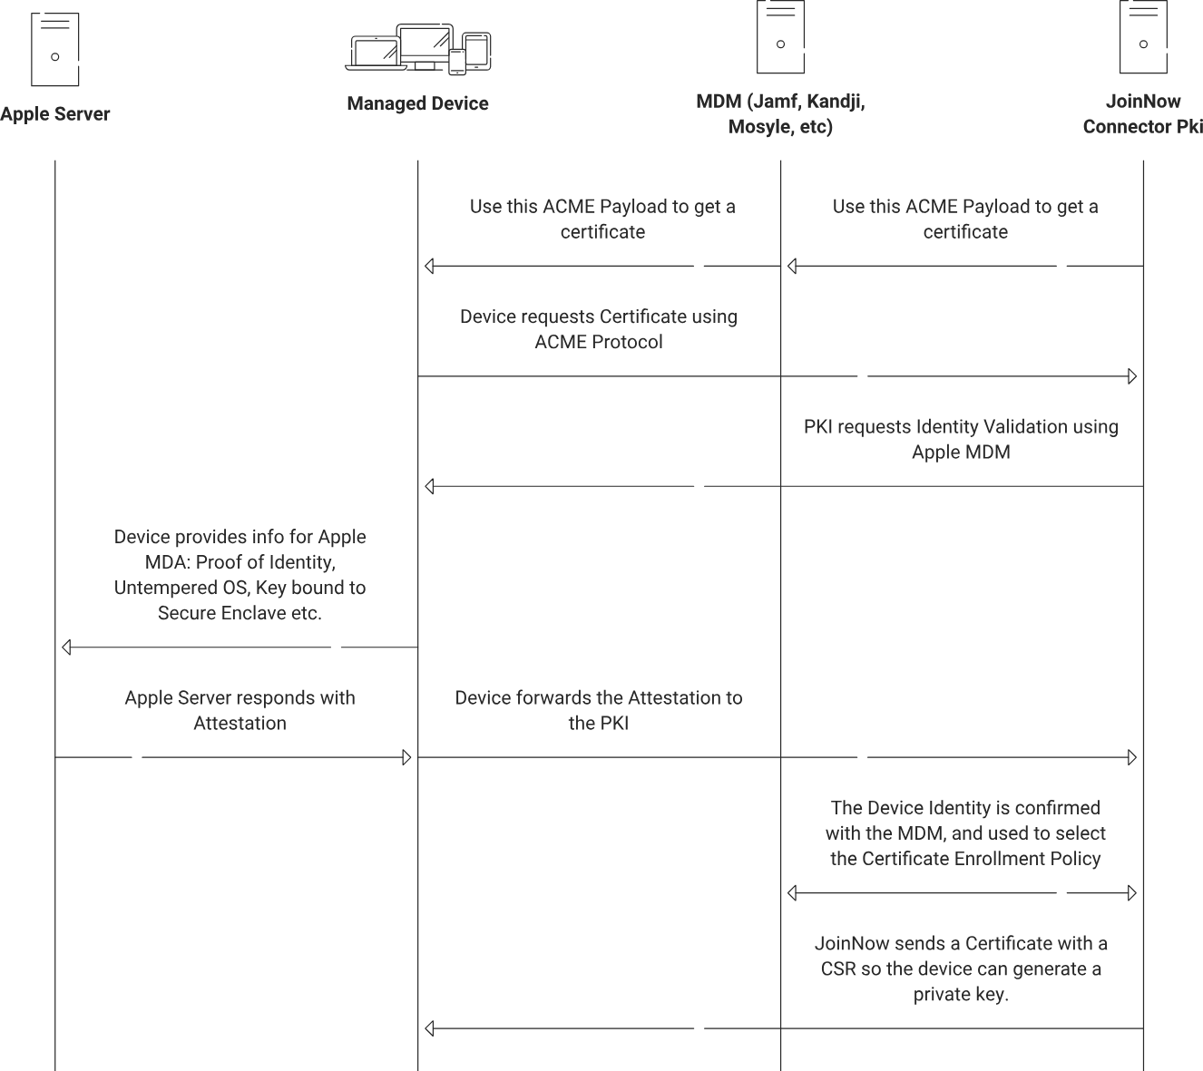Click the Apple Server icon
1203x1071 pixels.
(55, 49)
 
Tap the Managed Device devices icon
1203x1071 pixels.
(418, 49)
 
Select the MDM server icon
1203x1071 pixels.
(780, 37)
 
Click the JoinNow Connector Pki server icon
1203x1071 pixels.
(1143, 37)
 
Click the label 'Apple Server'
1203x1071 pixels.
(54, 114)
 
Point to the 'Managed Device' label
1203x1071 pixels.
(418, 103)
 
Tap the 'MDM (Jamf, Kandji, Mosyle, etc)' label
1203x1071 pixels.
(780, 114)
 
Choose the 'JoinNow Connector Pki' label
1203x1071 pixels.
(1143, 114)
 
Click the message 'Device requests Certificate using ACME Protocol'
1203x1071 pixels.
(599, 329)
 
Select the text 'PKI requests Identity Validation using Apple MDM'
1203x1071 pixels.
(961, 439)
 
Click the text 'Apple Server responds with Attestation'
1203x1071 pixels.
(240, 710)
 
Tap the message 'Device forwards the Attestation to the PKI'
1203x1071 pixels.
(599, 710)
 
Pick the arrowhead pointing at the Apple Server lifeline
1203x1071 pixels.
(66, 647)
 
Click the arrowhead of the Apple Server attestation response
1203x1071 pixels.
(406, 757)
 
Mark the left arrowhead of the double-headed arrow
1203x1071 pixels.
(791, 893)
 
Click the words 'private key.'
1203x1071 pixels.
(961, 994)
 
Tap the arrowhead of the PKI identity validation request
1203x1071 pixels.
(429, 486)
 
